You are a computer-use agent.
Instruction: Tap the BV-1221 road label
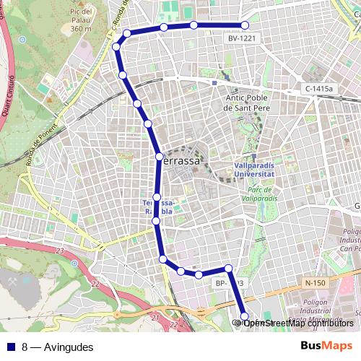[242, 38]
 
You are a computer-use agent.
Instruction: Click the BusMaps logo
[326, 347]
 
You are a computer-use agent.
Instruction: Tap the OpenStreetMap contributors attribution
[296, 323]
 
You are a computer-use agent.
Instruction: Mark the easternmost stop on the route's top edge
[245, 26]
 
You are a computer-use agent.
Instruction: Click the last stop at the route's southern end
[244, 316]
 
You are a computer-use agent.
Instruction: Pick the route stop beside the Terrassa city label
[159, 157]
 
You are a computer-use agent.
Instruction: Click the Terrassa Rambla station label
[158, 206]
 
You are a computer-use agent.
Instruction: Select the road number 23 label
[60, 250]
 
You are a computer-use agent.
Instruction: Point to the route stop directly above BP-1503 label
[228, 269]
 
